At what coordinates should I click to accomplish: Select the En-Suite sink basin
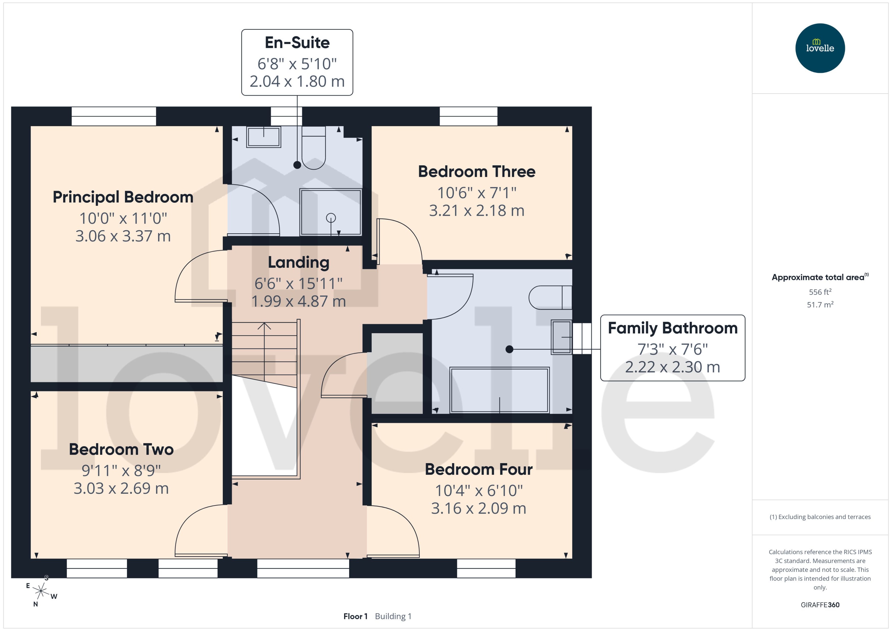(264, 137)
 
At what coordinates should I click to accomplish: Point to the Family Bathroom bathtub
(500, 390)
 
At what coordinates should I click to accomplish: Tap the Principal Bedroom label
(123, 197)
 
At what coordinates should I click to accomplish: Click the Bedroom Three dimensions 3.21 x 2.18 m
(477, 211)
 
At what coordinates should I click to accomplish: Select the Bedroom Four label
(478, 469)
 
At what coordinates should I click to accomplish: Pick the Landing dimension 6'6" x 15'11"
(298, 284)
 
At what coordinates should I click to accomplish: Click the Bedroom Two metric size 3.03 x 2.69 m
(121, 488)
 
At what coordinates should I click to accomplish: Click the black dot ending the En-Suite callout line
(297, 165)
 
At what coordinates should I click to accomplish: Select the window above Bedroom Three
(468, 116)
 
